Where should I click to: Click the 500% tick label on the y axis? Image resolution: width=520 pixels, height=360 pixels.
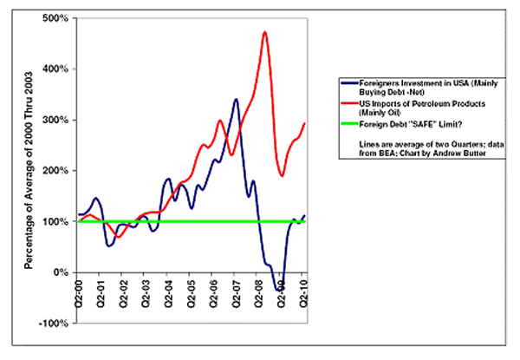click(x=58, y=18)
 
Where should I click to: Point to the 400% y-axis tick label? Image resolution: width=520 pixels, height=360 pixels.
click(x=58, y=69)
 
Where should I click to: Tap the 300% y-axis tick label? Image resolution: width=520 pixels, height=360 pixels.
click(x=58, y=120)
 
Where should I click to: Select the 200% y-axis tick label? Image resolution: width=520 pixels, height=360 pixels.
click(x=58, y=171)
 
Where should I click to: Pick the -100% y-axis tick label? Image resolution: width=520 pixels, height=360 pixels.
click(x=56, y=324)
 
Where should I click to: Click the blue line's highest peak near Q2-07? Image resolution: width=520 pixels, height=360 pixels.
click(x=236, y=100)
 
